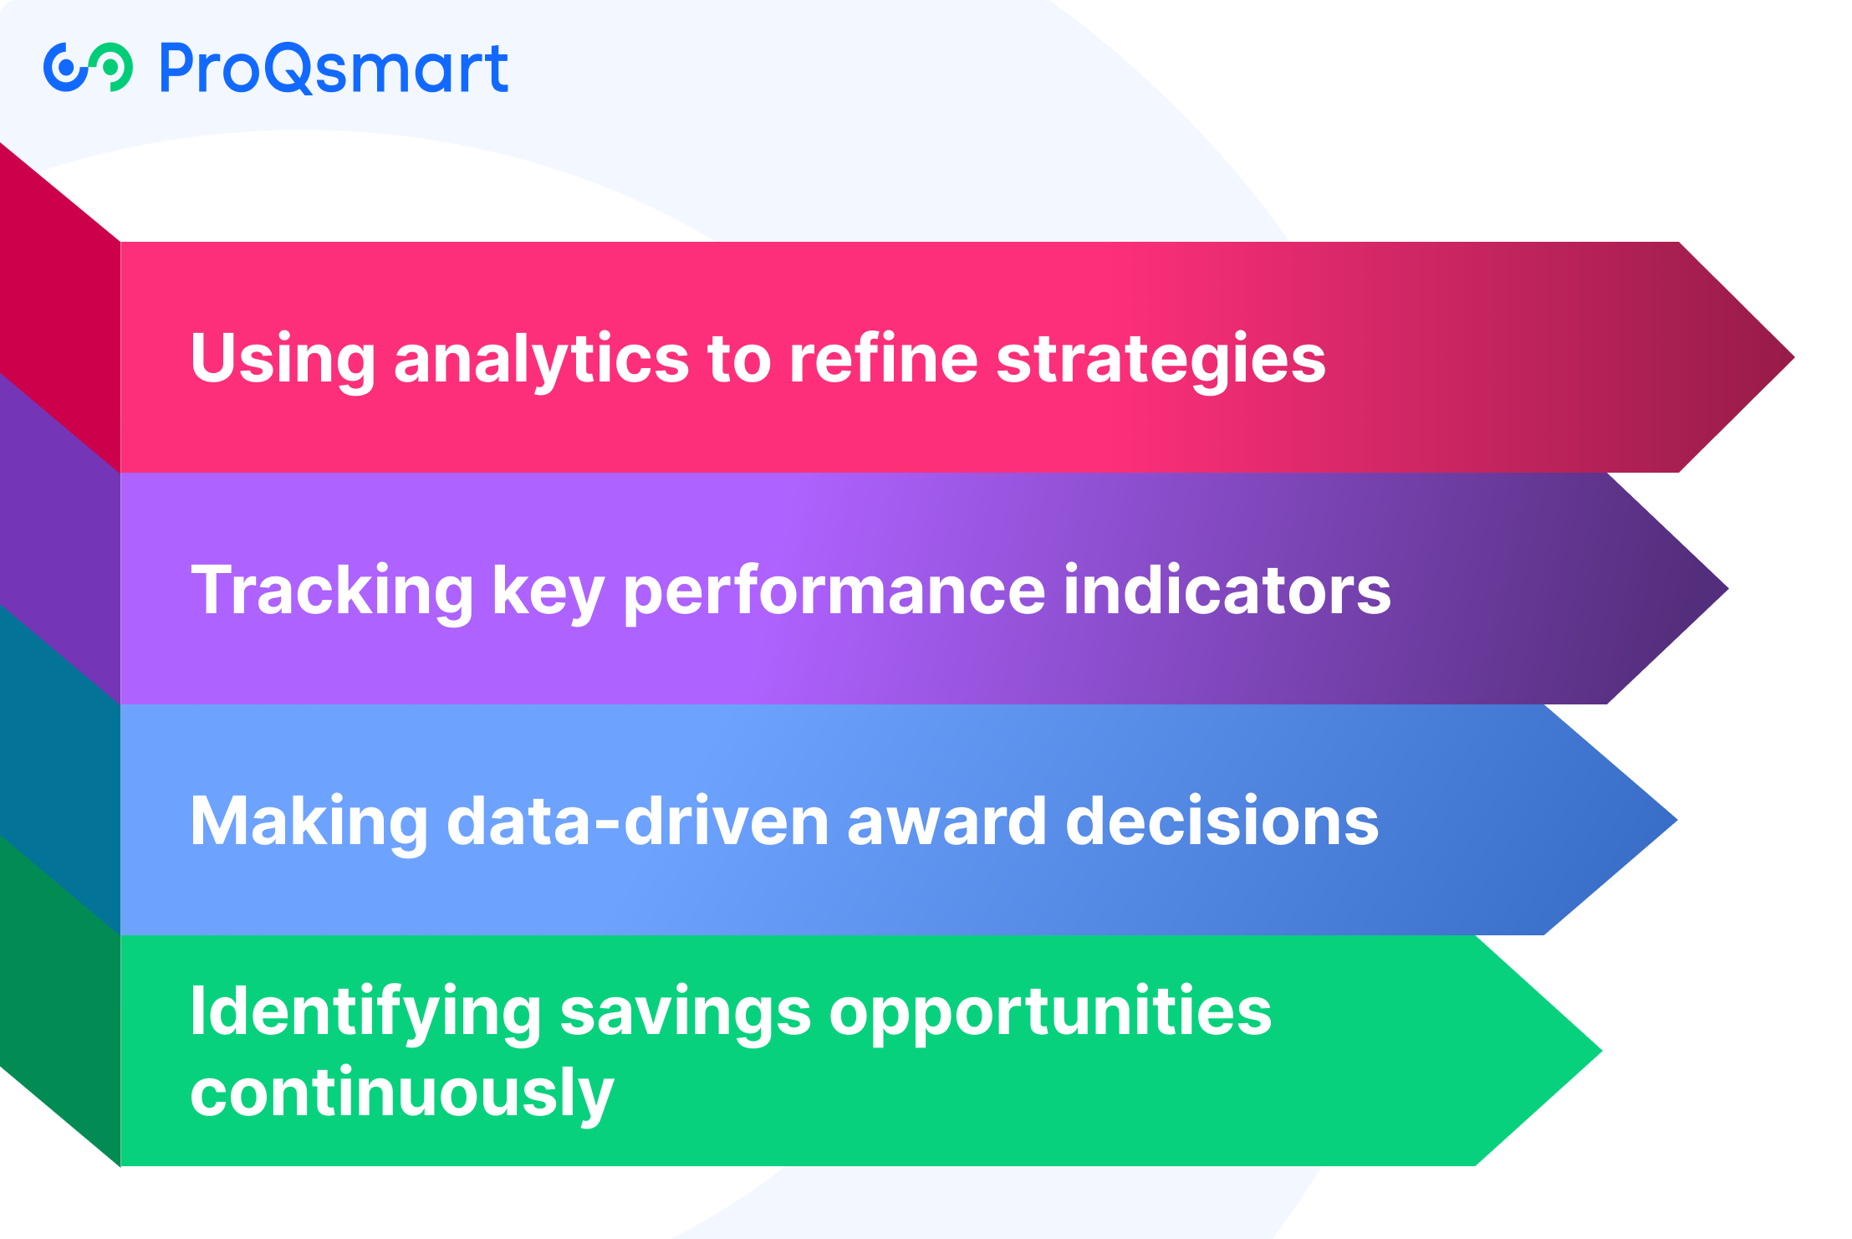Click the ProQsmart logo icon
click(88, 67)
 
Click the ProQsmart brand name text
click(334, 69)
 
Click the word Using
click(283, 358)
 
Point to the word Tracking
click(332, 590)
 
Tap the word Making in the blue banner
click(309, 822)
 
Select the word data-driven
click(637, 822)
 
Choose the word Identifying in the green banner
click(365, 1012)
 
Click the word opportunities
click(1049, 1012)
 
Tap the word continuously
click(402, 1093)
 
